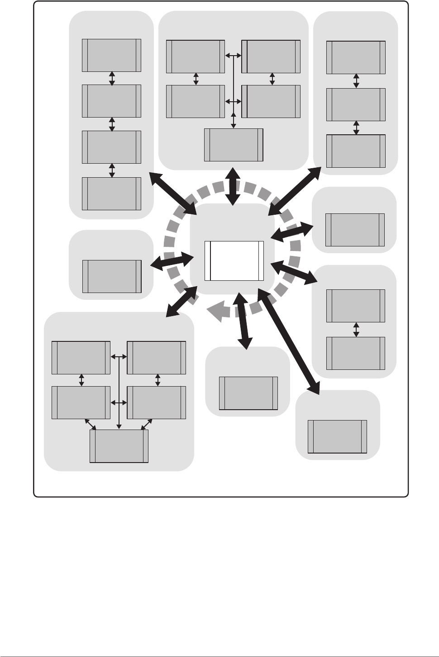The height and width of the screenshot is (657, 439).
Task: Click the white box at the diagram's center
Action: tap(234, 261)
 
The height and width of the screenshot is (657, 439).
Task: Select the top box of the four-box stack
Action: tap(111, 55)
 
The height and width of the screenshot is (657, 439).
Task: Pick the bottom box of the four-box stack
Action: tap(111, 194)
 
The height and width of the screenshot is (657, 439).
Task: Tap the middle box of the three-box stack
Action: tap(356, 104)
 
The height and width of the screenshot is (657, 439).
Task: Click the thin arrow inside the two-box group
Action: tap(356, 329)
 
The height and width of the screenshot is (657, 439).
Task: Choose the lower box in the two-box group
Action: tap(356, 353)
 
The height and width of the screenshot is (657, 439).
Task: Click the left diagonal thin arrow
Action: tap(91, 424)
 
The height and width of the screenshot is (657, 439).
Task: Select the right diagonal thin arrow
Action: tap(148, 424)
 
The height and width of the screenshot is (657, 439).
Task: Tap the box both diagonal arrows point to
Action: tap(119, 446)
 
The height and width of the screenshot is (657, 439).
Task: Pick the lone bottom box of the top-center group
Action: tap(234, 145)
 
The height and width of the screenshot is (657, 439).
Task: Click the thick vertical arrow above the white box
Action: tap(233, 186)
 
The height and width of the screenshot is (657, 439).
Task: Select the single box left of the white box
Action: tap(112, 276)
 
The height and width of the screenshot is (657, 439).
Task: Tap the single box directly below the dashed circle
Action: tap(248, 393)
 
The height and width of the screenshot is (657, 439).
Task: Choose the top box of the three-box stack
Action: tap(356, 57)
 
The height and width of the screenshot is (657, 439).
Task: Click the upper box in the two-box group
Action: tap(356, 306)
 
